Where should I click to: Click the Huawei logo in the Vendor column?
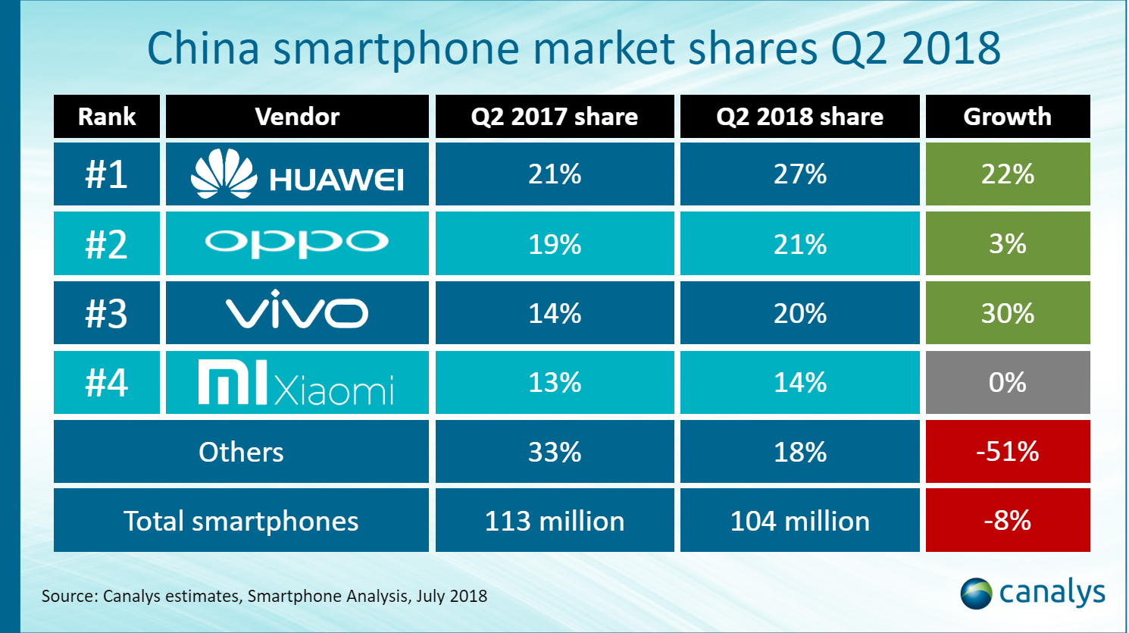pos(297,174)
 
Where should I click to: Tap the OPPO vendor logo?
pos(297,243)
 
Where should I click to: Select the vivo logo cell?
pos(297,312)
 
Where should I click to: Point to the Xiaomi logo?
pos(297,383)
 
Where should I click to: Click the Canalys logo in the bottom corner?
pos(1033,593)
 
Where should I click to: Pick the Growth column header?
pos(1007,117)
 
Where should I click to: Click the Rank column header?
pos(107,117)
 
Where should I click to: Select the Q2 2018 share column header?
pos(799,117)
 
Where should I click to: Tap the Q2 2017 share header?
pos(554,117)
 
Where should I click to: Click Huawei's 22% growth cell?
pos(1007,174)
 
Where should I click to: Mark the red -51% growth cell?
pos(1007,452)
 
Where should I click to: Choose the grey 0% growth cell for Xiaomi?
pos(1007,383)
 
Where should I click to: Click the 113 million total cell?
pos(554,521)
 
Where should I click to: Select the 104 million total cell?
pos(799,521)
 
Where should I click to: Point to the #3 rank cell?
pos(107,313)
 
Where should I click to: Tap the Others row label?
pos(241,452)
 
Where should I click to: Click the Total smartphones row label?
pos(241,521)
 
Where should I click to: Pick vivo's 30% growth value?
pos(1007,313)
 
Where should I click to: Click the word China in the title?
pos(203,48)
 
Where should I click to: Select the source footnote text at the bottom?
pos(264,596)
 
